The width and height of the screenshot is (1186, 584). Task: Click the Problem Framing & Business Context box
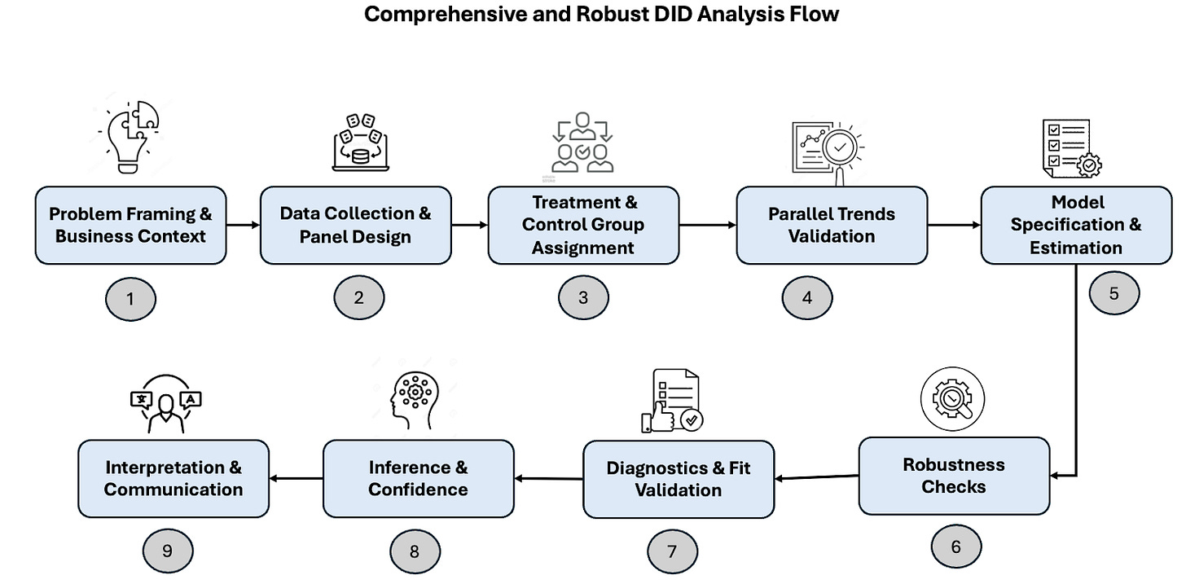[x=130, y=225]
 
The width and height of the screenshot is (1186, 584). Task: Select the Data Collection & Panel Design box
[x=355, y=225]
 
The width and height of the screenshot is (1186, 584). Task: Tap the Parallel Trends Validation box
[x=832, y=225]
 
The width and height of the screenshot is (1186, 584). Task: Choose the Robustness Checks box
[x=954, y=476]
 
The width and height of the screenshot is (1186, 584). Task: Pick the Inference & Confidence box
[x=418, y=478]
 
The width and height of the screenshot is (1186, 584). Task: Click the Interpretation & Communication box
[x=174, y=478]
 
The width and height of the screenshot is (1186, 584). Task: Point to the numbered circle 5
[x=1114, y=293]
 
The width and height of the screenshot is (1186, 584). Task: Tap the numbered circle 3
[x=583, y=297]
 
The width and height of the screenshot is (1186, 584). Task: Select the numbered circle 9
[x=167, y=551]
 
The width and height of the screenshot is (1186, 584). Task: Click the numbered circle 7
[x=672, y=551]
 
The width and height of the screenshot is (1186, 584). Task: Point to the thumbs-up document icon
[x=672, y=401]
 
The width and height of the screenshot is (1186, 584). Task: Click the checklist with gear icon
[x=1072, y=147]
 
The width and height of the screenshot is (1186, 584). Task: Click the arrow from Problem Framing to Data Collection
[x=243, y=224]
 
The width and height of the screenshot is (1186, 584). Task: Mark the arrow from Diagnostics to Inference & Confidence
[x=548, y=478]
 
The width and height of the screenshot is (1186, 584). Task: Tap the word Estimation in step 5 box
[x=1075, y=248]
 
